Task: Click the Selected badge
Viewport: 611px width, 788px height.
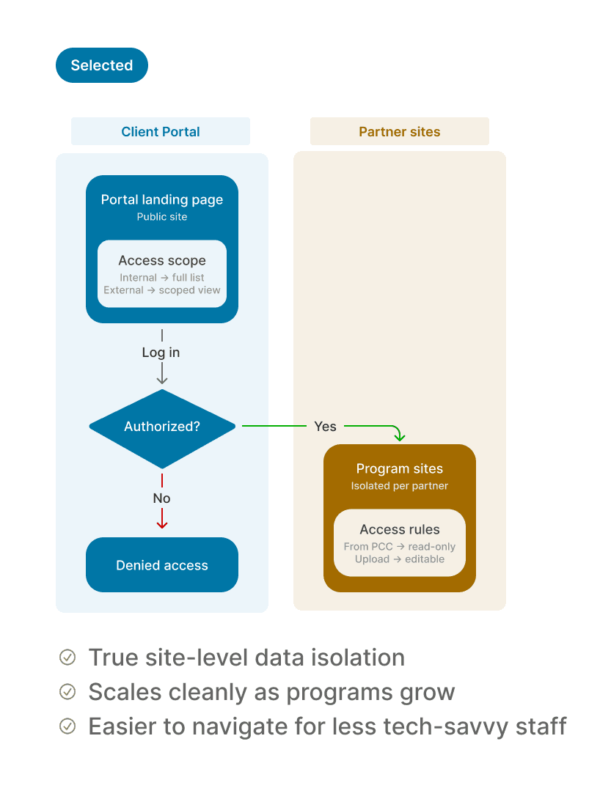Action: [101, 65]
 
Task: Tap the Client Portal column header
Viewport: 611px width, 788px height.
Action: [161, 132]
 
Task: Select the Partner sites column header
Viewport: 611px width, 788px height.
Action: [399, 132]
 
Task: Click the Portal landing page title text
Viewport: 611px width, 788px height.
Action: [162, 200]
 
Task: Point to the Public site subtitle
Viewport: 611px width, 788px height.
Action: [162, 216]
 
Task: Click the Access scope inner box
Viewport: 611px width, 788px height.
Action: [162, 274]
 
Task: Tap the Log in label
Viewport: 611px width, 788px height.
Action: [161, 353]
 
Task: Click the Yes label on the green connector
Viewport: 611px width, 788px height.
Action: [326, 427]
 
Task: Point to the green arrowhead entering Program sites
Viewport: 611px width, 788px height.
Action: [399, 437]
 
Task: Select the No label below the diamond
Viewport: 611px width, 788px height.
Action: [161, 498]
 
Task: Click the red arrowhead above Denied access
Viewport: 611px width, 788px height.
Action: [162, 524]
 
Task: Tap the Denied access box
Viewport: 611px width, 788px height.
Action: [162, 565]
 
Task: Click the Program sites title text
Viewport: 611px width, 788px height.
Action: [399, 469]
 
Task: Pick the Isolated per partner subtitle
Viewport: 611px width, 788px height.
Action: [399, 486]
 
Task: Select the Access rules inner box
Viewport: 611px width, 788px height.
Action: [399, 542]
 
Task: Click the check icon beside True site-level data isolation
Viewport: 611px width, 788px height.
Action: [67, 658]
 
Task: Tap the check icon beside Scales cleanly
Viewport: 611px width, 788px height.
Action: [67, 692]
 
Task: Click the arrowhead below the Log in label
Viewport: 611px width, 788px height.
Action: [162, 380]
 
